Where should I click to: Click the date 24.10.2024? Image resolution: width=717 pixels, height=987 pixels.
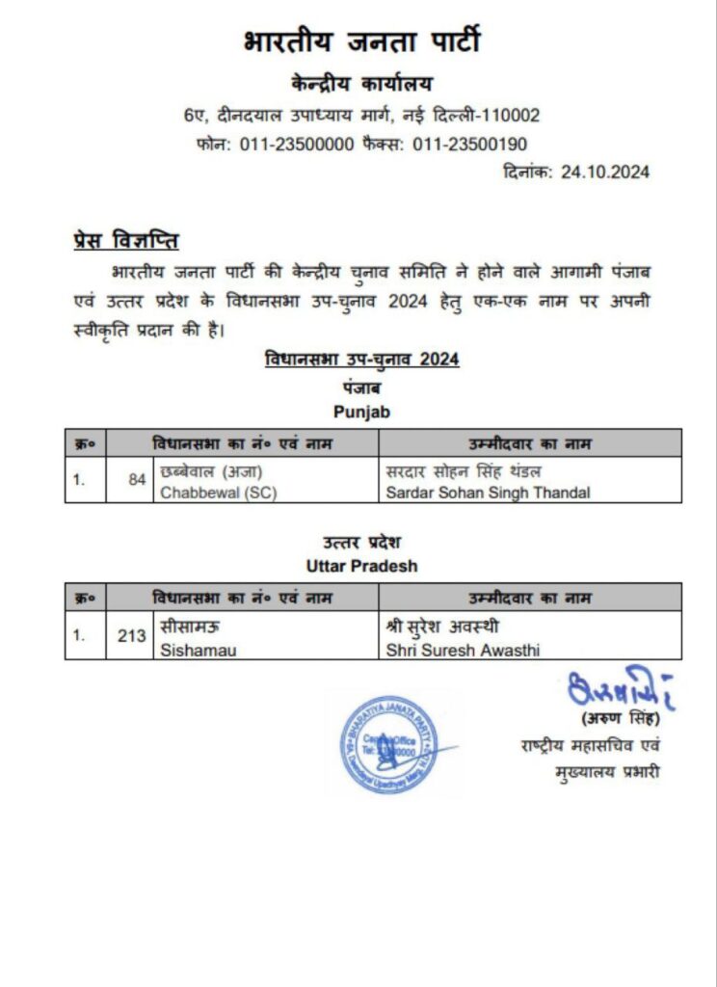click(605, 173)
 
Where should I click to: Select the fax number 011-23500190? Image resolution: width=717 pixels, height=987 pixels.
click(469, 145)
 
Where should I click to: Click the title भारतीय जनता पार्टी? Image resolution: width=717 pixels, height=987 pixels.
click(360, 43)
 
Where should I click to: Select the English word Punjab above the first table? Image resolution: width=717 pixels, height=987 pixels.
click(361, 412)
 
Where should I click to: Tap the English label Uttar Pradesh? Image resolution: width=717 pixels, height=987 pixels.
click(361, 566)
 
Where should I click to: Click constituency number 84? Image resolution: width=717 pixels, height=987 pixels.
click(137, 479)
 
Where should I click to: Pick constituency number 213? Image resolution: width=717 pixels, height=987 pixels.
click(132, 635)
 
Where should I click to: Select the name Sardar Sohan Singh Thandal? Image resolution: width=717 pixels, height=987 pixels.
click(488, 493)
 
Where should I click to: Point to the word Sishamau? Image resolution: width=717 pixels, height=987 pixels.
click(199, 650)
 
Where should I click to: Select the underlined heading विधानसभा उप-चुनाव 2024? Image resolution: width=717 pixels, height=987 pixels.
click(361, 360)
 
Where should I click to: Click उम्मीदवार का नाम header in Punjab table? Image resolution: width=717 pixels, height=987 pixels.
click(530, 443)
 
